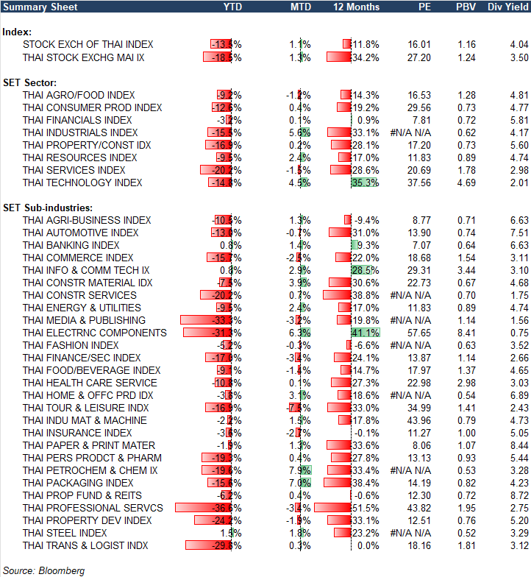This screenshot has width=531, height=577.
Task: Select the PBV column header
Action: (x=466, y=7)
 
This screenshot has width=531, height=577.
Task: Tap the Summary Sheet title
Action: (x=34, y=7)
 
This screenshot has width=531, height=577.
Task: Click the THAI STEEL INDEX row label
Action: (x=65, y=533)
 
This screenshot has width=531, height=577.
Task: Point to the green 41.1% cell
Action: (x=366, y=333)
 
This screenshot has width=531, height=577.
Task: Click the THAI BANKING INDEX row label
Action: (x=71, y=245)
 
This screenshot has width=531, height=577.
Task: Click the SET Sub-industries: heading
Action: (x=46, y=208)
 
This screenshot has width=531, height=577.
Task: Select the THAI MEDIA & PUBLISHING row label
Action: (x=85, y=320)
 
